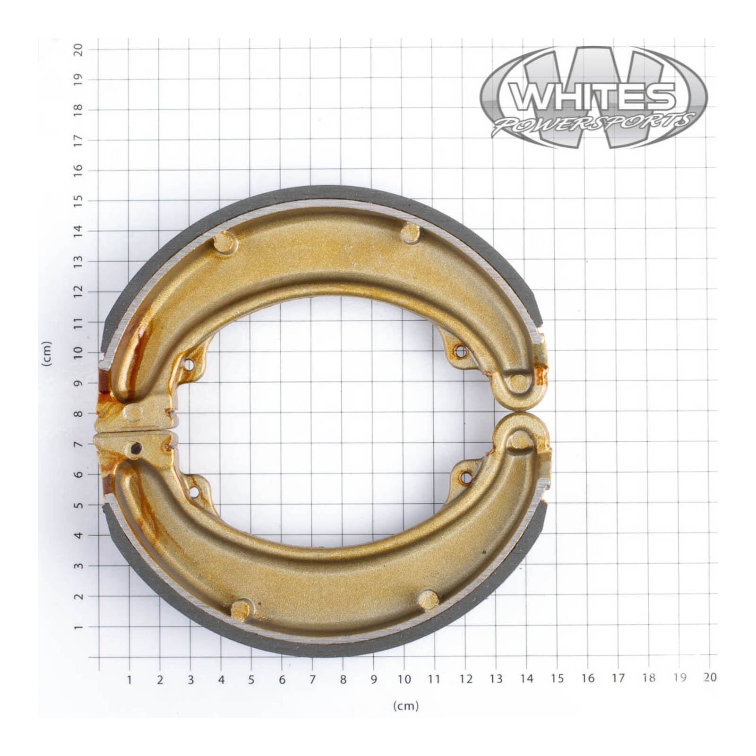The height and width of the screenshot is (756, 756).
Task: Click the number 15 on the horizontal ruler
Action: [557, 679]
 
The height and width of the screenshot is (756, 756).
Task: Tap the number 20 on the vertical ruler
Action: [78, 49]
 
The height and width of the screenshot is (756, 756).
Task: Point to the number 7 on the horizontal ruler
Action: [312, 679]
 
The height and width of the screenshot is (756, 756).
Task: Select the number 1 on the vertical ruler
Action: [78, 627]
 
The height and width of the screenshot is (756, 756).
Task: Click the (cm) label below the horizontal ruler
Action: [406, 706]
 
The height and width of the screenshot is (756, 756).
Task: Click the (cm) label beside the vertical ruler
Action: [46, 353]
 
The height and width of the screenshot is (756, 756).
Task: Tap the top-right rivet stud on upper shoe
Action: [410, 233]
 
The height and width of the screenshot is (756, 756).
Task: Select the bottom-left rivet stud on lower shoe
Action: [241, 610]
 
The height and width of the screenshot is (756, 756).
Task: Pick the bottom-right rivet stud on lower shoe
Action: [429, 600]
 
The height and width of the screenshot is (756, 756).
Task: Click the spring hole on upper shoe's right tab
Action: [460, 351]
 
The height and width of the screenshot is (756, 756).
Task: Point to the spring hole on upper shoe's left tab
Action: [188, 365]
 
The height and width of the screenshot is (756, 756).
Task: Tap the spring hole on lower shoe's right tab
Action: [465, 478]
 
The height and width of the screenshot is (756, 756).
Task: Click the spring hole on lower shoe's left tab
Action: [193, 492]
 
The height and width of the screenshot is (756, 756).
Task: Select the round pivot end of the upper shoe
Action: [519, 383]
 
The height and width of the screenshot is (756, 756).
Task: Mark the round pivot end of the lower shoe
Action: [520, 440]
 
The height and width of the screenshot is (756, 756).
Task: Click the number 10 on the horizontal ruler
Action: [404, 679]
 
